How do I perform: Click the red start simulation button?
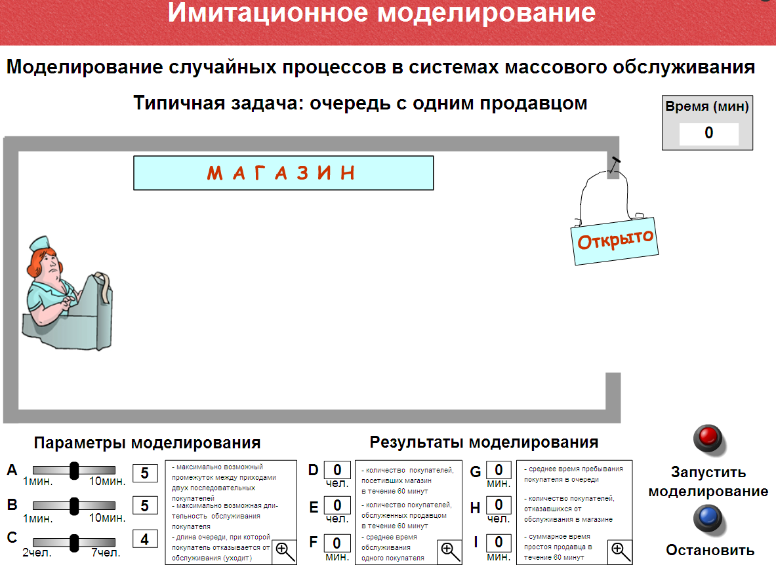point(708,437)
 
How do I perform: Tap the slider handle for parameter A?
point(74,471)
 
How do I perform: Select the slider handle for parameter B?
point(74,506)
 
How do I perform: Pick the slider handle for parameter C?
point(74,543)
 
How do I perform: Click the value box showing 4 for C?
point(145,539)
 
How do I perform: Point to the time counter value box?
point(708,133)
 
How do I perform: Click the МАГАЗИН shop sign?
point(283,173)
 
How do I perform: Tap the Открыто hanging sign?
point(615,241)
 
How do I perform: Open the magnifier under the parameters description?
point(285,551)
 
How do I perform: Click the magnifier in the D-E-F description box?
point(449,551)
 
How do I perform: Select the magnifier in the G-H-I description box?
point(620,551)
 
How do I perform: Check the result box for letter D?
point(338,469)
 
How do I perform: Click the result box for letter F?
point(338,543)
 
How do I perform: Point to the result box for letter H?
point(499,505)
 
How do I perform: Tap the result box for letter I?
point(499,543)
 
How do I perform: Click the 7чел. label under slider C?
point(106,553)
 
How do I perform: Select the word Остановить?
point(710,550)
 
